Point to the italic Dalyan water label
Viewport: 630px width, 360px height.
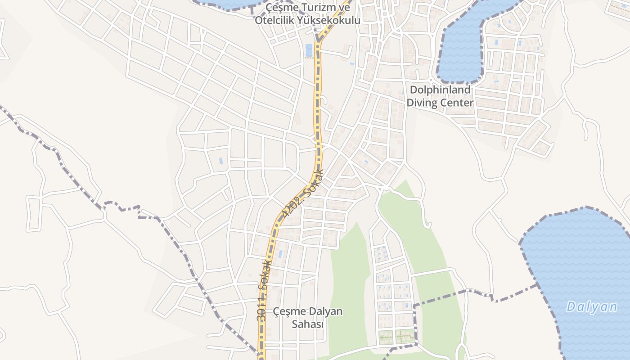click(x=592, y=307)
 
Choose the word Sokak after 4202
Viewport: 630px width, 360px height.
click(x=314, y=183)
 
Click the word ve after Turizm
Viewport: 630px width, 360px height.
click(x=344, y=8)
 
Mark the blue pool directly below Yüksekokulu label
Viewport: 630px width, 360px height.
click(x=309, y=50)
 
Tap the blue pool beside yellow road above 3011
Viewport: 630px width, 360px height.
click(x=280, y=254)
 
